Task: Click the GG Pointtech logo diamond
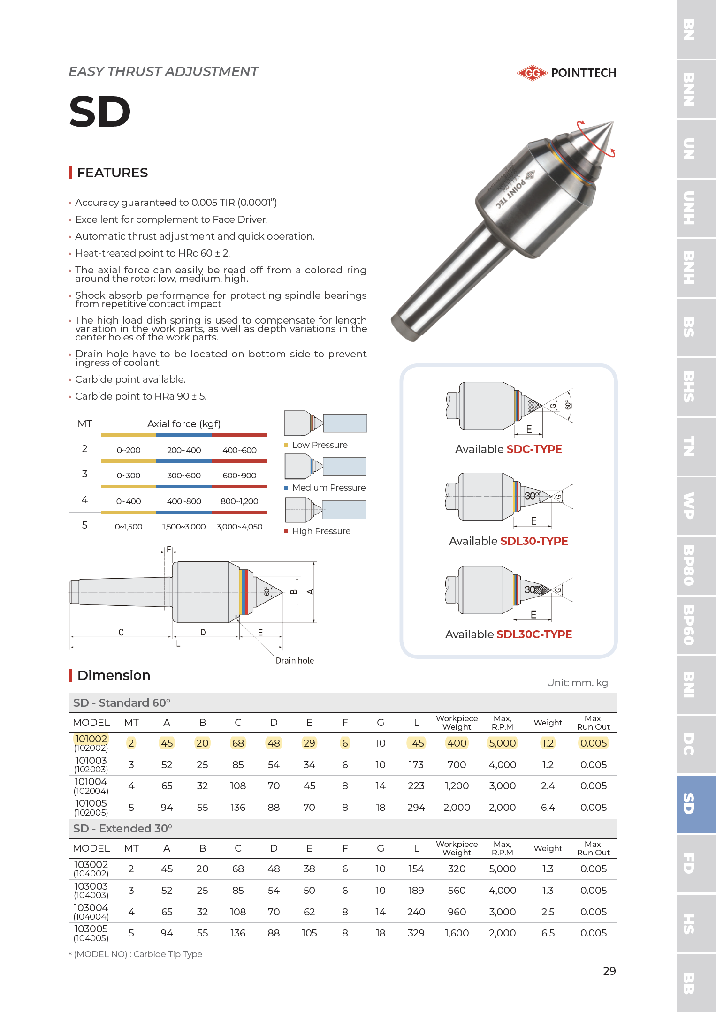(x=532, y=73)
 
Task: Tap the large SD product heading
(x=99, y=112)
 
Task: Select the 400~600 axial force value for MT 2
(x=239, y=450)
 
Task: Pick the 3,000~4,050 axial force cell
(x=239, y=527)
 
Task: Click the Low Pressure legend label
(x=320, y=445)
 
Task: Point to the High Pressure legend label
(x=321, y=531)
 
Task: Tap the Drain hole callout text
(x=295, y=660)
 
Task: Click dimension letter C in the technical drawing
(x=121, y=632)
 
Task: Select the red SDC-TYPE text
(x=534, y=449)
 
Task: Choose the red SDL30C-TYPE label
(x=534, y=634)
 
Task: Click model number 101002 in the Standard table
(x=91, y=739)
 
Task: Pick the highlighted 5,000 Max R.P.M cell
(x=502, y=743)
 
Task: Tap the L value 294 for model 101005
(x=416, y=807)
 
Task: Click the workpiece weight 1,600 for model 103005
(x=457, y=933)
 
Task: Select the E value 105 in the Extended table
(x=309, y=933)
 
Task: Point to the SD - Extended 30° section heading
(x=122, y=828)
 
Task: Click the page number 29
(x=609, y=971)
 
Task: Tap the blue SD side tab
(x=688, y=803)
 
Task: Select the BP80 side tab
(x=688, y=565)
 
